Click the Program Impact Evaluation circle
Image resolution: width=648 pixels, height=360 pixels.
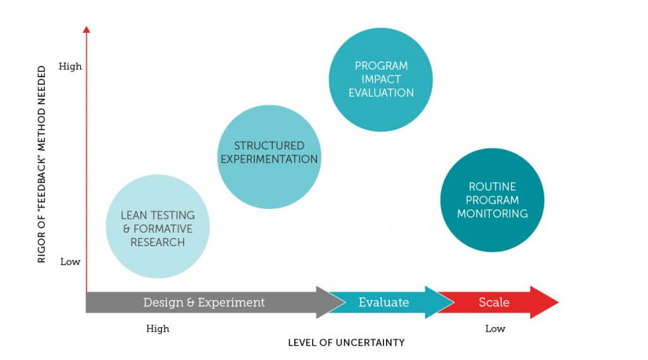380,79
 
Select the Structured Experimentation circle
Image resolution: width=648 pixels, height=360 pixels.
269,157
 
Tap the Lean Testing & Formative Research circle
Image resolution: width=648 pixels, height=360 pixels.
158,226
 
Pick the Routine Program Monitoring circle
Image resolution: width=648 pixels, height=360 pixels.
492,200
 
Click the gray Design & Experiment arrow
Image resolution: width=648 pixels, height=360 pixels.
207,302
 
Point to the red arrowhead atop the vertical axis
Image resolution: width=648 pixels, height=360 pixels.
86,29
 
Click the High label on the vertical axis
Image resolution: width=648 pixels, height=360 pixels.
70,66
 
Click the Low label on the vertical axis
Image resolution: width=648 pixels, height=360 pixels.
70,262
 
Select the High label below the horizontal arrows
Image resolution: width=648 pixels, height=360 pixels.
158,328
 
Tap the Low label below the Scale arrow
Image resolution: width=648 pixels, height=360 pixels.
495,328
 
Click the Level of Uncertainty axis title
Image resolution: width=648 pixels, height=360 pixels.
346,343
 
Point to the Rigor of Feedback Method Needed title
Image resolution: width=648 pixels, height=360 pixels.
41,164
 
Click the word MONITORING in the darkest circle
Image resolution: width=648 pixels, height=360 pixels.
492,214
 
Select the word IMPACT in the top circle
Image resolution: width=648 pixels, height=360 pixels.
381,79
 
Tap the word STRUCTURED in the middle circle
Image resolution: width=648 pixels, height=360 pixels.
269,146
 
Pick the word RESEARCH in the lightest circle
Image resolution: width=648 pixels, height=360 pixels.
158,242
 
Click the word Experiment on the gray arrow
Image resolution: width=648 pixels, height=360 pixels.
231,302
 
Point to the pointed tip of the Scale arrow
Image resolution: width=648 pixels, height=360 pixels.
559,302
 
